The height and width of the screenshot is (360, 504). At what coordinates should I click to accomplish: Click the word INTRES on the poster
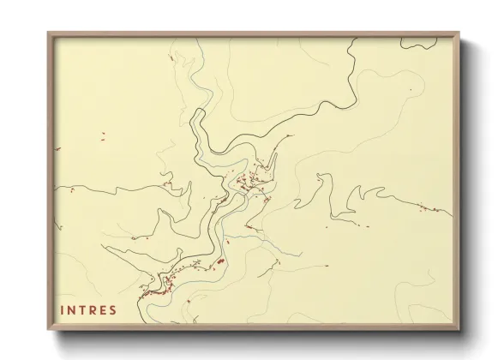pos(87,310)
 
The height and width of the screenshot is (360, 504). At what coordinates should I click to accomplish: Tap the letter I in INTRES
pos(63,310)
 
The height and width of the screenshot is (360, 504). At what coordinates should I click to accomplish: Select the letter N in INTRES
pos(72,310)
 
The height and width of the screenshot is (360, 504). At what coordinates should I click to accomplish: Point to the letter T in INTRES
pos(82,310)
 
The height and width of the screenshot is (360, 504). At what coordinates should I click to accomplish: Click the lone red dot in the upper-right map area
pos(411,89)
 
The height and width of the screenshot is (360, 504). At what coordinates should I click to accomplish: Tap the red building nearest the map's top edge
pos(172,57)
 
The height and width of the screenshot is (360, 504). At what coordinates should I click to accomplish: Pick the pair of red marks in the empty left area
pos(102,135)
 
